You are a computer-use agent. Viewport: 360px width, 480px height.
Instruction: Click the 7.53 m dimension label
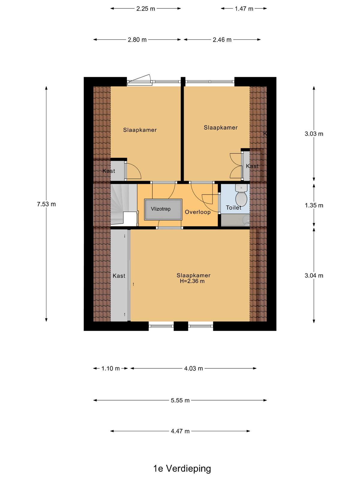click(x=46, y=204)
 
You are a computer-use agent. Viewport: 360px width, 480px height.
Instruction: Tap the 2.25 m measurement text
click(x=145, y=8)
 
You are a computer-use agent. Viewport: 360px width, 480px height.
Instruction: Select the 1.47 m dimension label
click(x=244, y=8)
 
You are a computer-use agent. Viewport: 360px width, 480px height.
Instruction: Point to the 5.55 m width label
click(x=180, y=400)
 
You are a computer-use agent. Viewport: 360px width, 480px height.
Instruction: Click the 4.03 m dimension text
click(x=193, y=368)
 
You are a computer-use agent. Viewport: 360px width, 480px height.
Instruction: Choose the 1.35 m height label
click(x=314, y=205)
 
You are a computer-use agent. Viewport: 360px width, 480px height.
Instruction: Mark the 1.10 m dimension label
click(x=110, y=368)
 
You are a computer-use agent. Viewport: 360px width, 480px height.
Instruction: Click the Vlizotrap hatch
click(x=163, y=209)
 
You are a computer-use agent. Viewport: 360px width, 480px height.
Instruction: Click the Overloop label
click(x=198, y=212)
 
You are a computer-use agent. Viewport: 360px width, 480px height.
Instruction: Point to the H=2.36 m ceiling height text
click(x=192, y=281)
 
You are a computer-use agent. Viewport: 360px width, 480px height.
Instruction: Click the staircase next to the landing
click(x=124, y=205)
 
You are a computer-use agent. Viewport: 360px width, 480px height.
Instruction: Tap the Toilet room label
click(x=233, y=208)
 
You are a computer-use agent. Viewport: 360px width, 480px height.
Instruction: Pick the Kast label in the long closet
click(x=119, y=276)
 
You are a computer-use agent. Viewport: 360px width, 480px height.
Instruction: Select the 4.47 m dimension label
click(x=180, y=431)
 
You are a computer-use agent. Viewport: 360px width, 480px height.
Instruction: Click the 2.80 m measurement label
click(x=137, y=40)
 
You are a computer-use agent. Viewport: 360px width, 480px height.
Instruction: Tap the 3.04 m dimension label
click(x=314, y=275)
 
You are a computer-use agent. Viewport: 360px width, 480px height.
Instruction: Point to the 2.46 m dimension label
click(x=222, y=40)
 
